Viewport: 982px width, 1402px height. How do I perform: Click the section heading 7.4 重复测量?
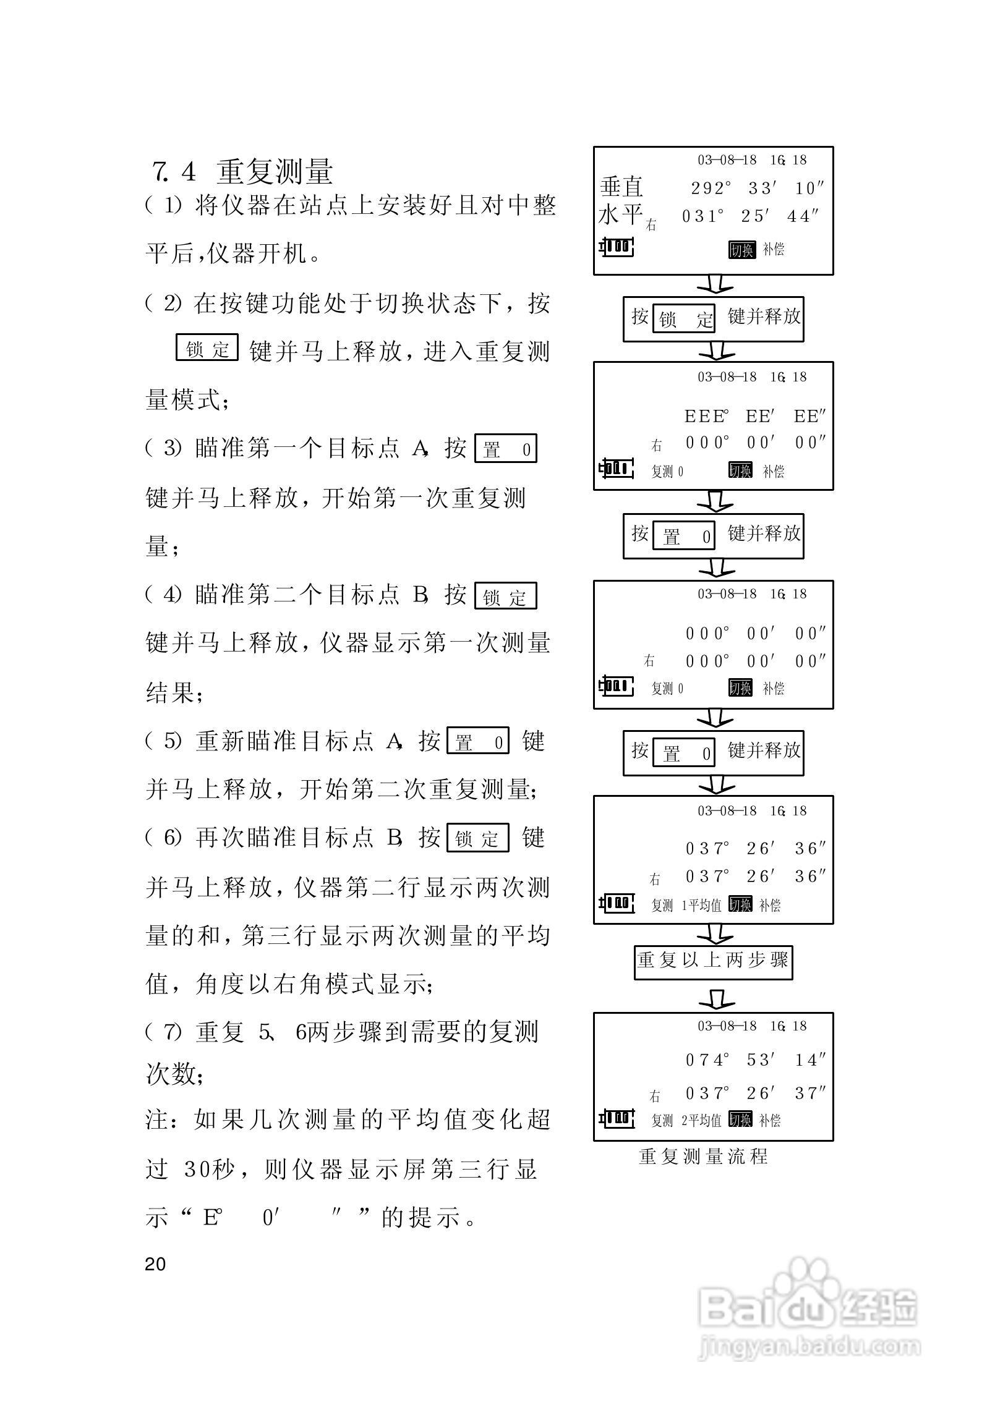coord(243,172)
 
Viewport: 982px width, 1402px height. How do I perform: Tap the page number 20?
coord(155,1264)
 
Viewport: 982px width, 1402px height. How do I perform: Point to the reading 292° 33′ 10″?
coord(758,189)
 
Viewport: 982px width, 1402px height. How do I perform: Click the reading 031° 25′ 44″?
coord(751,216)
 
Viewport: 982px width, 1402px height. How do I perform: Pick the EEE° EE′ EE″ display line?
coord(755,417)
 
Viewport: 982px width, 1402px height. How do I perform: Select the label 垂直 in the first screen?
coord(621,187)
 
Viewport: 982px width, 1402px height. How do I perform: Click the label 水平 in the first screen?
coord(620,215)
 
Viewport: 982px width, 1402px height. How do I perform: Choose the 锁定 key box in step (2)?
coord(207,348)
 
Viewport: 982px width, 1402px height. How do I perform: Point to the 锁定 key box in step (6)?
coord(477,838)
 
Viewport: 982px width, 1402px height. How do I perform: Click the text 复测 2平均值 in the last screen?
coord(686,1120)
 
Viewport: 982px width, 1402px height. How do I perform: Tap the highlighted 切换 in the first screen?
coord(741,250)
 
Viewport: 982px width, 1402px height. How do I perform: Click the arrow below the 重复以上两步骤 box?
coord(717,996)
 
